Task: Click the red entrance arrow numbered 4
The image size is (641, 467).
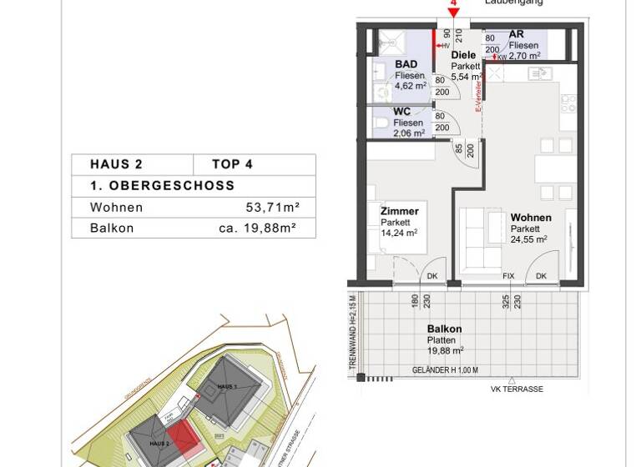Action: [x=453, y=11]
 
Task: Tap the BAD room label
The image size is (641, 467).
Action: [x=406, y=64]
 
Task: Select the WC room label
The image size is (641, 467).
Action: [x=401, y=111]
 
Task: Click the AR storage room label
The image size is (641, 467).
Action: [x=516, y=34]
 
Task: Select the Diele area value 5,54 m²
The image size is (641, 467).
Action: [x=467, y=77]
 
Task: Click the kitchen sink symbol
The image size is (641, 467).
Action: [x=539, y=73]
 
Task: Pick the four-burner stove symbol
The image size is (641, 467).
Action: [x=568, y=103]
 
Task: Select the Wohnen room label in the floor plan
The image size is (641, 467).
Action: [x=531, y=218]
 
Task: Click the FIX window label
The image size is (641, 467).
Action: [x=508, y=276]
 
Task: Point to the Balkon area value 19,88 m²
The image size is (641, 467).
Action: [x=445, y=351]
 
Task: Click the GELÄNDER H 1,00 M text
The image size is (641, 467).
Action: [x=445, y=370]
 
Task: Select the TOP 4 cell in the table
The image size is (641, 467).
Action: [x=231, y=164]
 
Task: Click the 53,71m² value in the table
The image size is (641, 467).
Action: [x=267, y=207]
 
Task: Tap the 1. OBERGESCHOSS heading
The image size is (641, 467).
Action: [x=163, y=186]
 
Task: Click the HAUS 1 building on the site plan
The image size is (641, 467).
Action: [x=228, y=387]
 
